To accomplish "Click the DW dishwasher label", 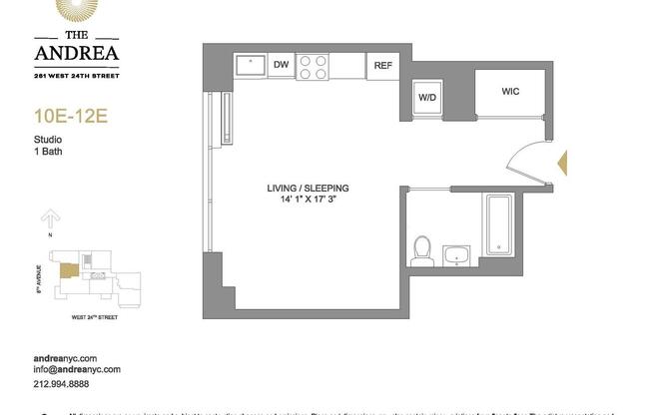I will [x=281, y=66].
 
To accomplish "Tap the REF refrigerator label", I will [x=381, y=66].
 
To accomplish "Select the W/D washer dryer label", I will [x=426, y=98].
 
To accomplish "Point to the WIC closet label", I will [x=510, y=91].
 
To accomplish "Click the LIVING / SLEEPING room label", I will [x=308, y=188].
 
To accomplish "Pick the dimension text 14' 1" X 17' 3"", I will [x=308, y=202].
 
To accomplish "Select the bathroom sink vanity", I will [x=456, y=254].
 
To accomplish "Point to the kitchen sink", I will [x=250, y=66].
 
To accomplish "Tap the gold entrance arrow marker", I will [x=561, y=163].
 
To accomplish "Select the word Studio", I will [x=61, y=142].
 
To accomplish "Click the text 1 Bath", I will [x=61, y=154].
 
